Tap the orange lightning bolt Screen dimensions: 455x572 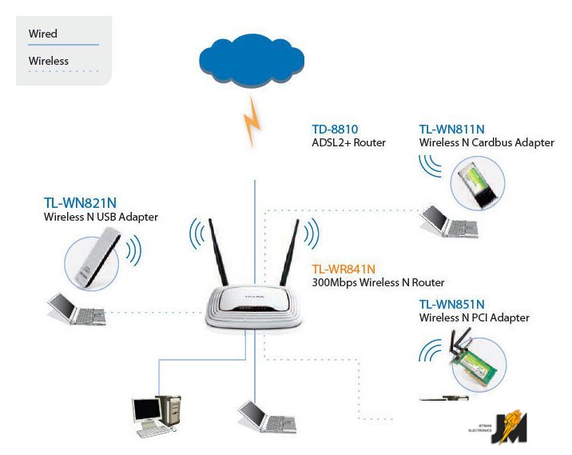coord(253,122)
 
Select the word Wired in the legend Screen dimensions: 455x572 coord(42,34)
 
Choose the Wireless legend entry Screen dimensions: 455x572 coord(49,61)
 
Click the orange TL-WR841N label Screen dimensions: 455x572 coord(344,269)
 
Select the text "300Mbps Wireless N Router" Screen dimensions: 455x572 coord(378,283)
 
